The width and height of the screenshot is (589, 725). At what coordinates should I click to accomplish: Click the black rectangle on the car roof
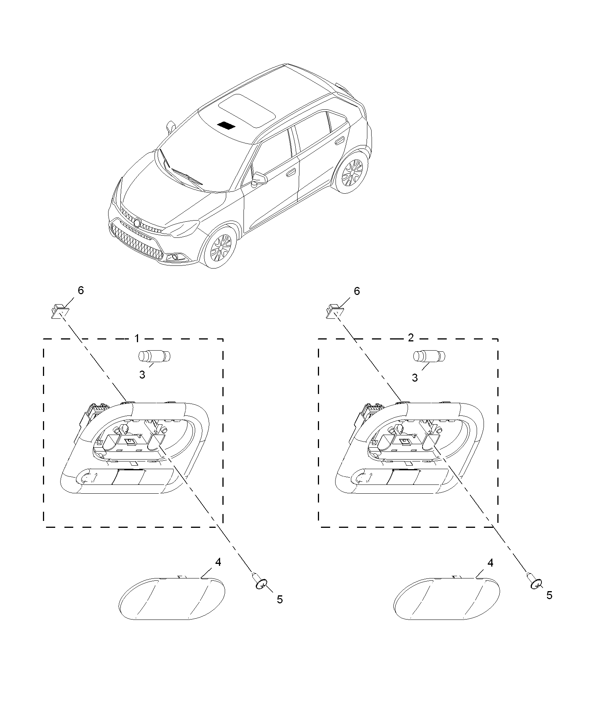[x=226, y=125]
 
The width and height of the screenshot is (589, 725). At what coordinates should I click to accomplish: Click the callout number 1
[x=137, y=338]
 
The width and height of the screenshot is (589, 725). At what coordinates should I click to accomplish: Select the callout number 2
[x=411, y=338]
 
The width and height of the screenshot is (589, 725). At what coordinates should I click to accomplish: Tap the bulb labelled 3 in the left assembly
[x=154, y=356]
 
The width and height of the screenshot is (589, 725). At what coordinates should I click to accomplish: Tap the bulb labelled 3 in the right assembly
[x=429, y=356]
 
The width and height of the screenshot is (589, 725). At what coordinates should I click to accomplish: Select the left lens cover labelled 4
[x=172, y=598]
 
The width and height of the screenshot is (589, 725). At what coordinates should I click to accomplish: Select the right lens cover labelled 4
[x=447, y=598]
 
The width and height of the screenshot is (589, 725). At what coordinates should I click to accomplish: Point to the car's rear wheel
[x=352, y=172]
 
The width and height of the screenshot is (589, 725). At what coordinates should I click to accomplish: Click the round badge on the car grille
[x=137, y=223]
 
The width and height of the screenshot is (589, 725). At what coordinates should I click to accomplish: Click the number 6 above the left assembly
[x=81, y=290]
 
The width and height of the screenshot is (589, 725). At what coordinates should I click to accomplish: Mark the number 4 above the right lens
[x=490, y=564]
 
